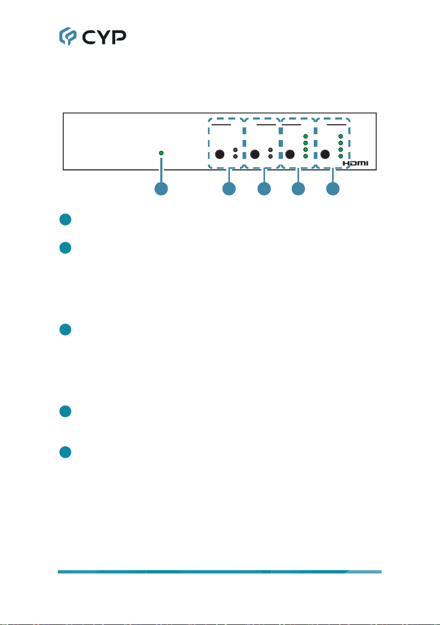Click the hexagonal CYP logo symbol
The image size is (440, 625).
click(68, 36)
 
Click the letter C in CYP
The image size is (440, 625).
click(89, 37)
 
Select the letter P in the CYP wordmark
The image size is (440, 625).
click(119, 37)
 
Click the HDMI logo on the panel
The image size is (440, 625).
click(356, 164)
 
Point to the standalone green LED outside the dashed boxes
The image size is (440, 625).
click(161, 153)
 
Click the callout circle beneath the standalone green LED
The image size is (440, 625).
click(161, 189)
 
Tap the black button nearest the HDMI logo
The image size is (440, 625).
click(325, 154)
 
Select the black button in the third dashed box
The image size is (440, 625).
click(290, 154)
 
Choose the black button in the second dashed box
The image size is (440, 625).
click(255, 154)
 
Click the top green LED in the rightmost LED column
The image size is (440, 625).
click(340, 136)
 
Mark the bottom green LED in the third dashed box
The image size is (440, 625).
click(305, 156)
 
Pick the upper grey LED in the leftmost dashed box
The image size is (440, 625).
click(235, 150)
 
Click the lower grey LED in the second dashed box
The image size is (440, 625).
click(270, 157)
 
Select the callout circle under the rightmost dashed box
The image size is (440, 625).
click(333, 189)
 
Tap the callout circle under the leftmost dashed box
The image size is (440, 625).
click(229, 189)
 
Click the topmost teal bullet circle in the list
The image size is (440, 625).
click(65, 220)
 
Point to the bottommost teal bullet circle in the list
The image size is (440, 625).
click(65, 452)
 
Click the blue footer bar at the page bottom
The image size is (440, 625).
click(220, 572)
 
